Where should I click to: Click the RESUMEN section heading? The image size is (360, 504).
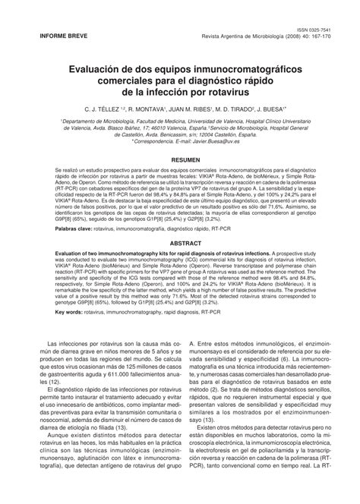point(180,161)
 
